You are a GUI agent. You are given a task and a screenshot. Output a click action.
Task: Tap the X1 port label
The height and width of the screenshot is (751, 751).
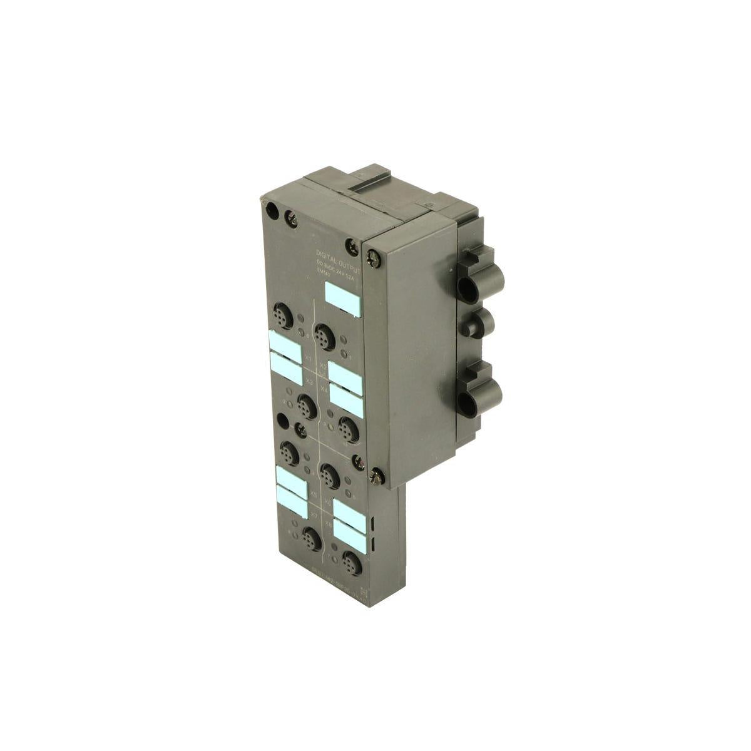(x=308, y=359)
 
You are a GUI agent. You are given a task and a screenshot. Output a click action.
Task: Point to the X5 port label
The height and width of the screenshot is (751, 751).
(x=312, y=493)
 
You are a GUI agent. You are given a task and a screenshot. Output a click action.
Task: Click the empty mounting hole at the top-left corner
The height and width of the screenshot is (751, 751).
(x=270, y=211)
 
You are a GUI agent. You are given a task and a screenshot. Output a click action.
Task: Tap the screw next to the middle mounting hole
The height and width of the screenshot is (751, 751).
(x=301, y=428)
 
